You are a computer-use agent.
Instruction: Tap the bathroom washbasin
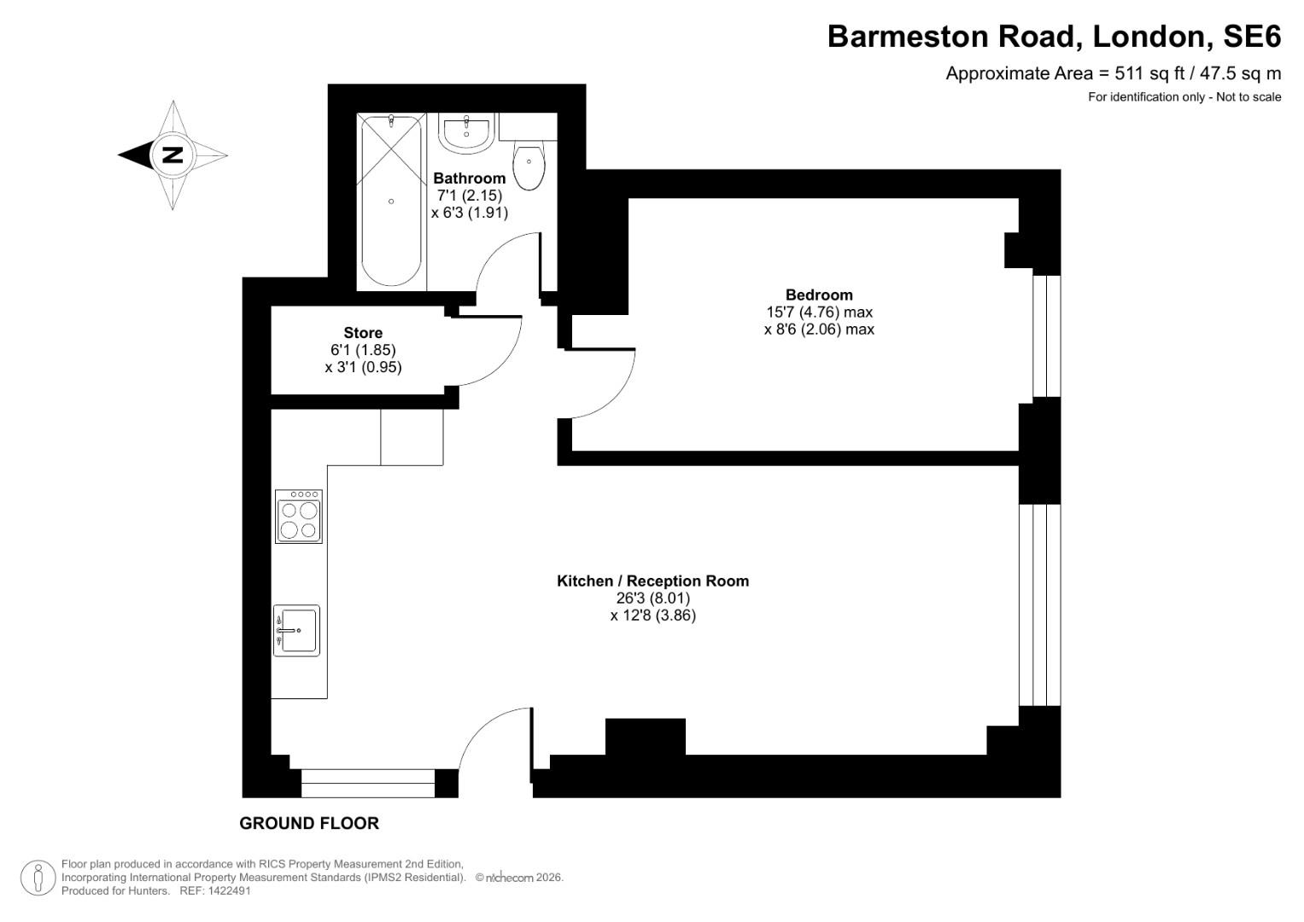tap(466, 132)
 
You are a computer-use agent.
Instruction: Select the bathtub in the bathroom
tap(391, 201)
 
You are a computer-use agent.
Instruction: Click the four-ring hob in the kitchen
tap(299, 516)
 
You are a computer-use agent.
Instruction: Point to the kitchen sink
tap(296, 631)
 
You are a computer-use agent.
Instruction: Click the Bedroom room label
tap(819, 295)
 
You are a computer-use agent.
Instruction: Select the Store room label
tap(363, 333)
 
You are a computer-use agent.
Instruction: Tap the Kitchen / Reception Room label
tap(652, 581)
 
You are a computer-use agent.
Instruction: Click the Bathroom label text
tap(469, 178)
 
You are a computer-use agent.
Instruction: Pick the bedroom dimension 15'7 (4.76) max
tap(819, 312)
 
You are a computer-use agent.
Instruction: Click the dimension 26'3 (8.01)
tap(652, 598)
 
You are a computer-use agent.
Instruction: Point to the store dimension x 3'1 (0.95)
tap(363, 367)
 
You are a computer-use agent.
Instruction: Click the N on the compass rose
tap(173, 155)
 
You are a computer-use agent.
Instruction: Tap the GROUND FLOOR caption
tap(308, 823)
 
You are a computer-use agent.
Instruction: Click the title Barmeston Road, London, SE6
tap(1054, 36)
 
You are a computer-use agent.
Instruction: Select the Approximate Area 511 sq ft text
tap(1113, 73)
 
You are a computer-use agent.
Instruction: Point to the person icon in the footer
tap(38, 878)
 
